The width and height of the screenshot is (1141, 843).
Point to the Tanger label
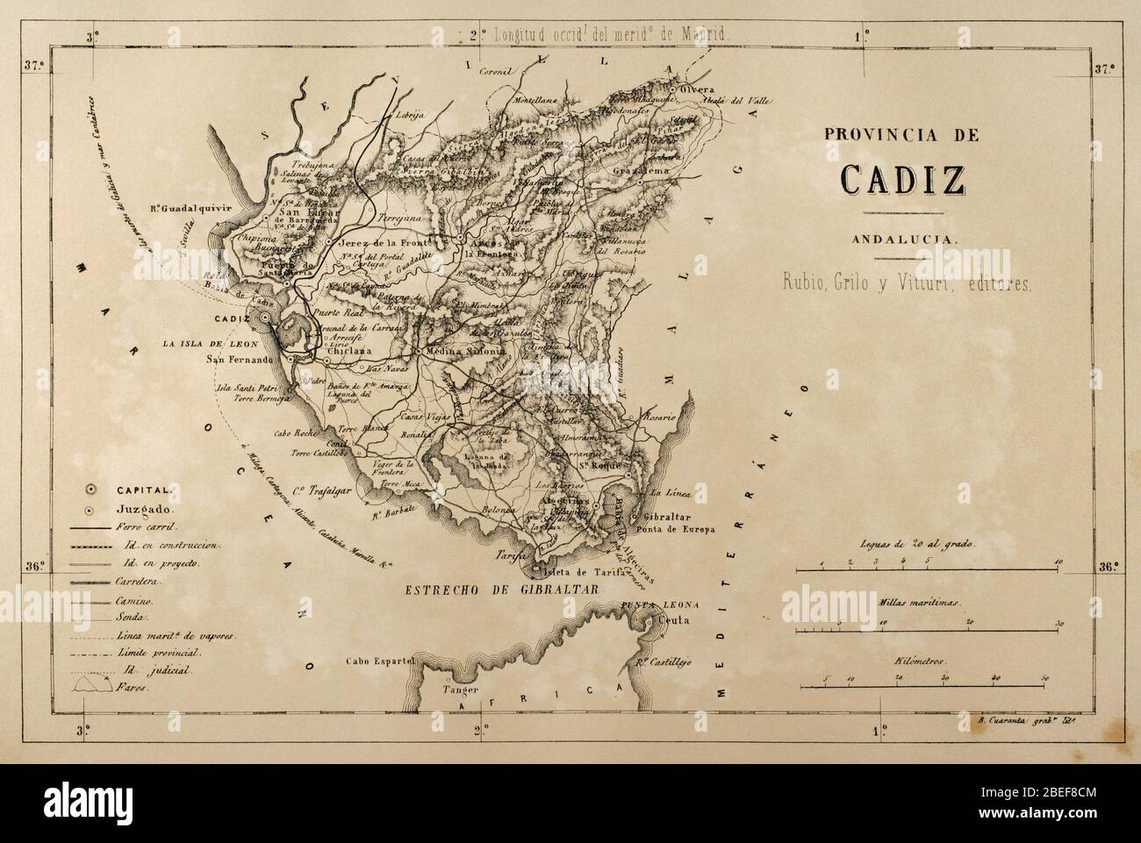point(441,689)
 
